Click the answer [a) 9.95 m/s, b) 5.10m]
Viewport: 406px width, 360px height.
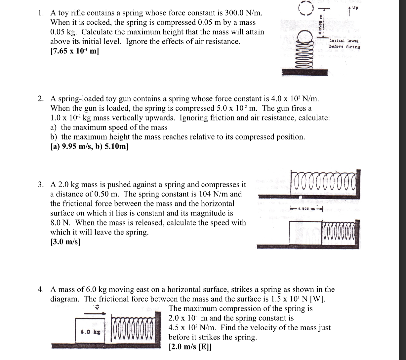click(89, 146)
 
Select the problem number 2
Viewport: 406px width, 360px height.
click(40, 99)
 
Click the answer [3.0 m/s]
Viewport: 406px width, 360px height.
click(65, 241)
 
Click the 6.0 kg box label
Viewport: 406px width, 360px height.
click(89, 330)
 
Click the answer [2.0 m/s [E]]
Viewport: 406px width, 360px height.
click(190, 347)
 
